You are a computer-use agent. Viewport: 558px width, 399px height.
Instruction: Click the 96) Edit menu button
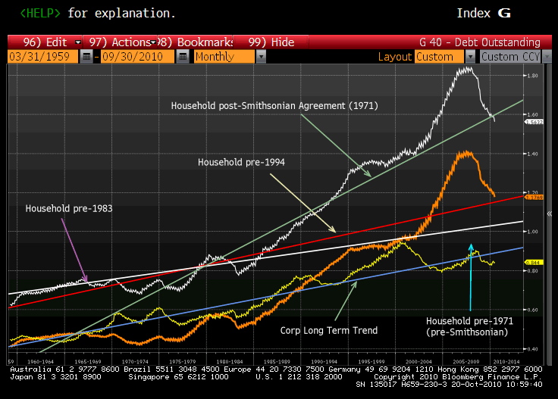click(x=45, y=42)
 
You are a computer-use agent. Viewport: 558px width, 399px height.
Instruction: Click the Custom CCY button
click(x=510, y=57)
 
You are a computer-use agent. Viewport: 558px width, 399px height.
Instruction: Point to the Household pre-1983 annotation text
click(x=69, y=207)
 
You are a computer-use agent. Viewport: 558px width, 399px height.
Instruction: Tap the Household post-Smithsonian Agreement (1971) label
click(x=274, y=105)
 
